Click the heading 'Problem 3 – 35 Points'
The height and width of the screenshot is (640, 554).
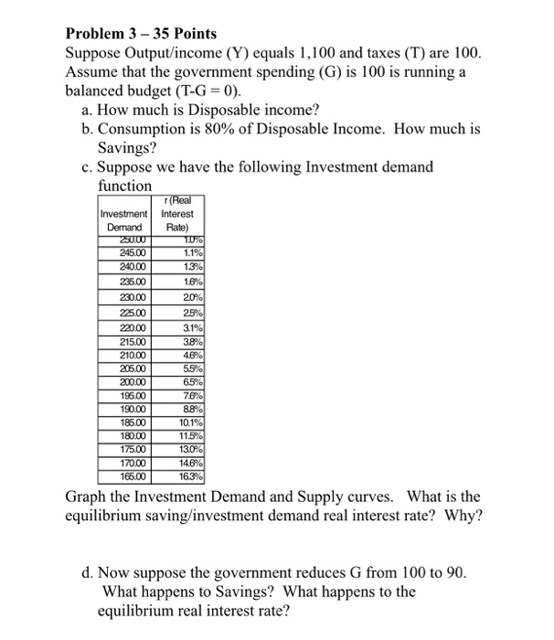tap(142, 34)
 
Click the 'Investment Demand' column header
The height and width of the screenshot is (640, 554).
tap(126, 219)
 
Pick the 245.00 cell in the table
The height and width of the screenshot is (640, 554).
tap(126, 253)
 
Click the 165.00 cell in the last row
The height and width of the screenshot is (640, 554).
tap(126, 475)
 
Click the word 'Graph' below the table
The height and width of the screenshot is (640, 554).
tap(89, 497)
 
